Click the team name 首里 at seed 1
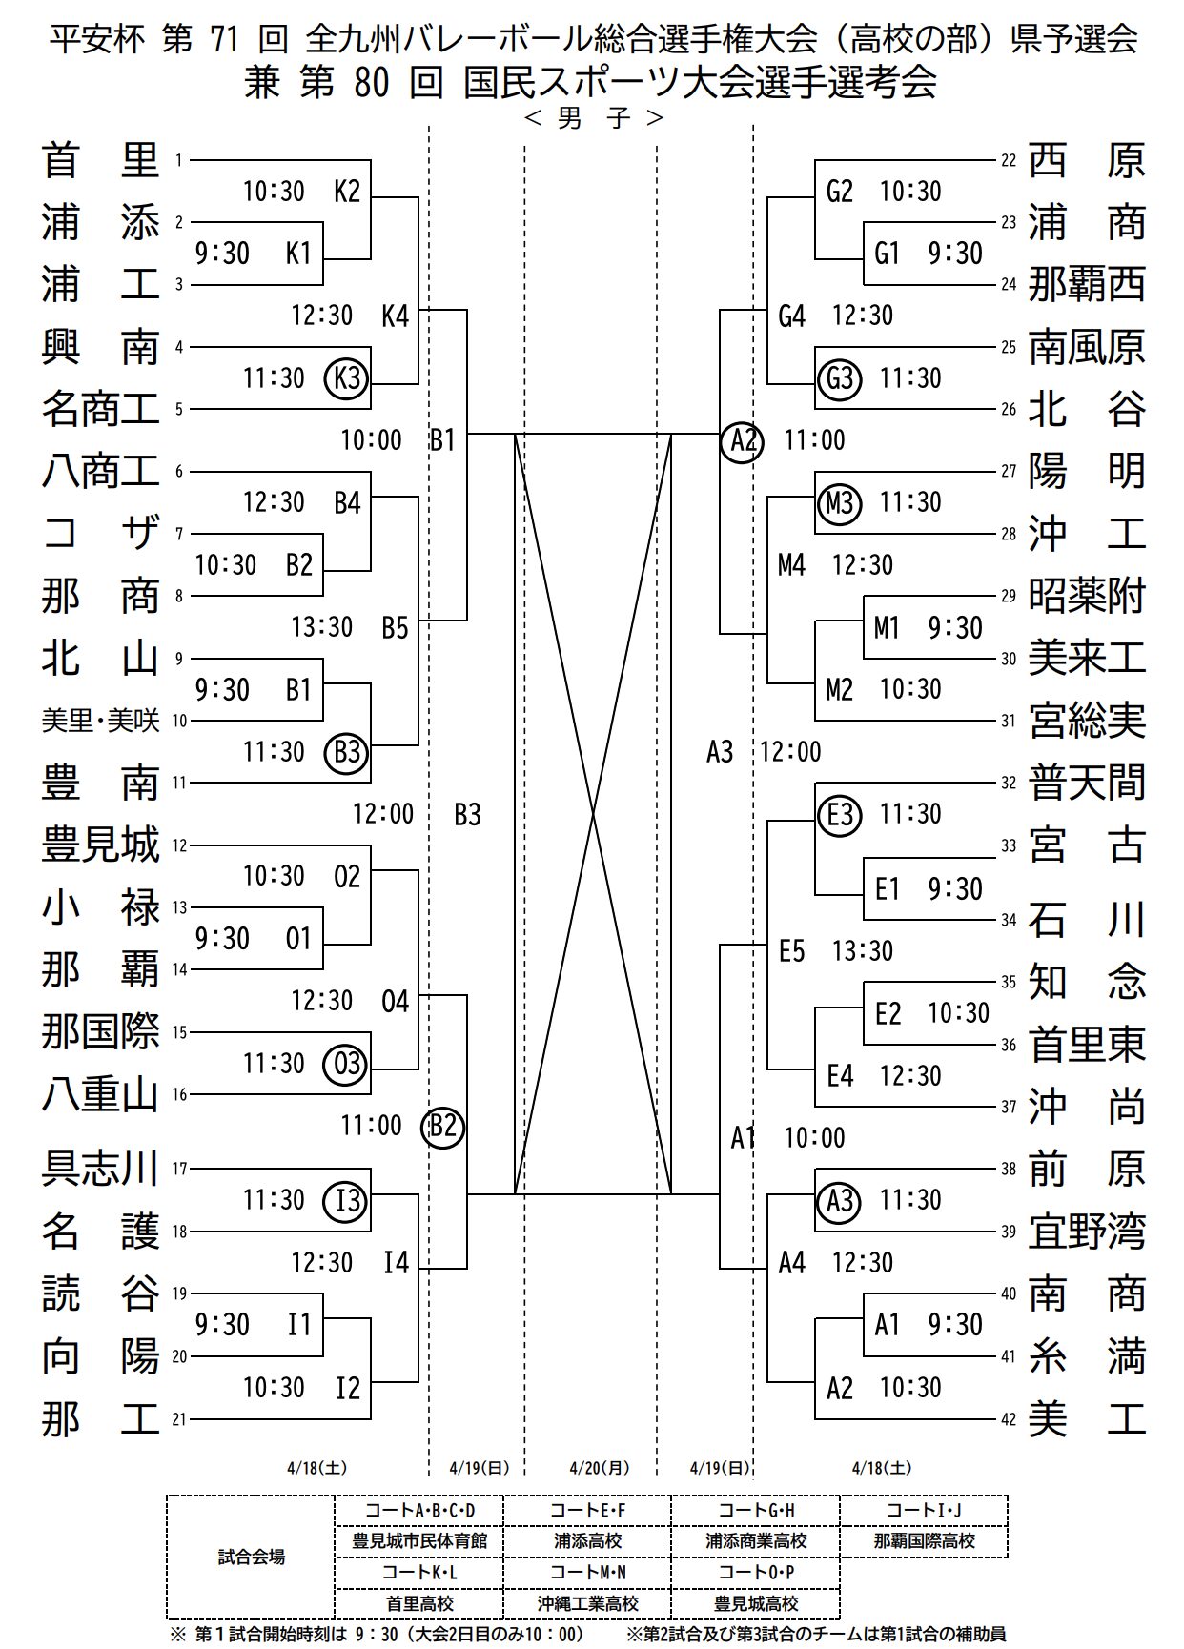coord(99,160)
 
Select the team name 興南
coord(99,347)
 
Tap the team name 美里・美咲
coord(99,721)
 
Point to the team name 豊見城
coord(99,845)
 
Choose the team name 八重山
coord(99,1094)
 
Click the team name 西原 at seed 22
coord(1086,160)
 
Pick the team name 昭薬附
coord(1086,596)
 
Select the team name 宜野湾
coord(1086,1232)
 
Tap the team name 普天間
coord(1086,783)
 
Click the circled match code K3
coord(346,378)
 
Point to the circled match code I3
coord(346,1200)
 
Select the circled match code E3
coord(839,814)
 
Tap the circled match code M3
coord(839,502)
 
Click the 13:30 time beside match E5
coord(862,951)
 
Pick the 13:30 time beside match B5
coord(322,627)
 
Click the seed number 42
coord(1009,1419)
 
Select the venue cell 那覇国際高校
coord(924,1540)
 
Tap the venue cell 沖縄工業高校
coord(587,1604)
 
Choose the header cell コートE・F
coord(587,1510)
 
